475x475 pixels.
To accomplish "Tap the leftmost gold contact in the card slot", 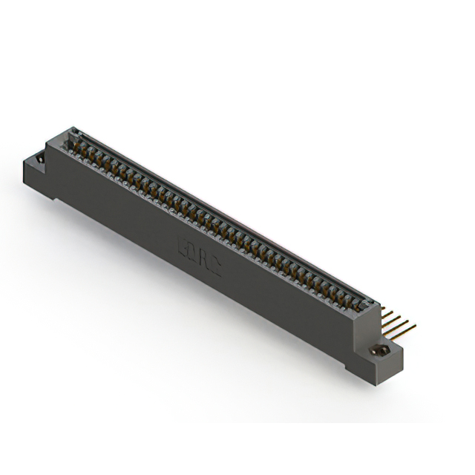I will click(76, 139).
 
